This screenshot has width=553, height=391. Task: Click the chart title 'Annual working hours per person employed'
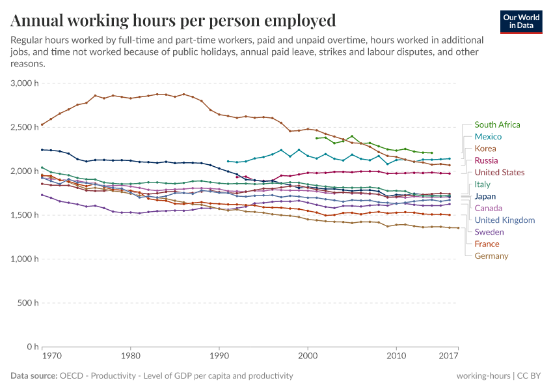point(173,20)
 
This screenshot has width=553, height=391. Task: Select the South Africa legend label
point(497,124)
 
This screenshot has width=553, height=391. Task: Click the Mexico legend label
point(488,137)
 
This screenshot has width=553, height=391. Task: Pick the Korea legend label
point(485,149)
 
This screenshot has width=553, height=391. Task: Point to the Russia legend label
point(487,160)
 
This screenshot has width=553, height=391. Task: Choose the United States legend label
point(499,173)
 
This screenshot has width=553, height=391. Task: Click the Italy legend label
point(483,184)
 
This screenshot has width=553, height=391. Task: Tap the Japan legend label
point(485,196)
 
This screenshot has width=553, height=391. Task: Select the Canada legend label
point(488,208)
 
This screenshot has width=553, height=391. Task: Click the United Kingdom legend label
point(504,220)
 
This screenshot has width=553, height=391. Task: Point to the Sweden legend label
point(489,232)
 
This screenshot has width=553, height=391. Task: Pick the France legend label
point(487,244)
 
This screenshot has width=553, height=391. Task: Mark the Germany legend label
point(491,256)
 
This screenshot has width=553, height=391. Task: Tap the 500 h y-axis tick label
point(29,303)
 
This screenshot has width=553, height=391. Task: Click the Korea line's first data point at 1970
point(42,124)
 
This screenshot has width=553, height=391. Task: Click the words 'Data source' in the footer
point(34,376)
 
